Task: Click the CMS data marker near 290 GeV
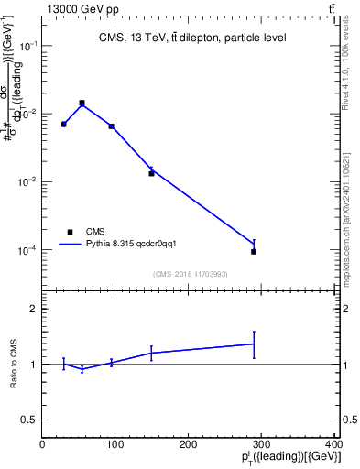254,251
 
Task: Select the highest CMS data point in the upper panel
82,103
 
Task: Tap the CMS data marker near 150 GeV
151,173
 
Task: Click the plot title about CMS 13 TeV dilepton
192,38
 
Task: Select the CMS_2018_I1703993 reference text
191,275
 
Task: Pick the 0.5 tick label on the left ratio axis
31,420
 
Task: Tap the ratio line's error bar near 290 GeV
254,344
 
